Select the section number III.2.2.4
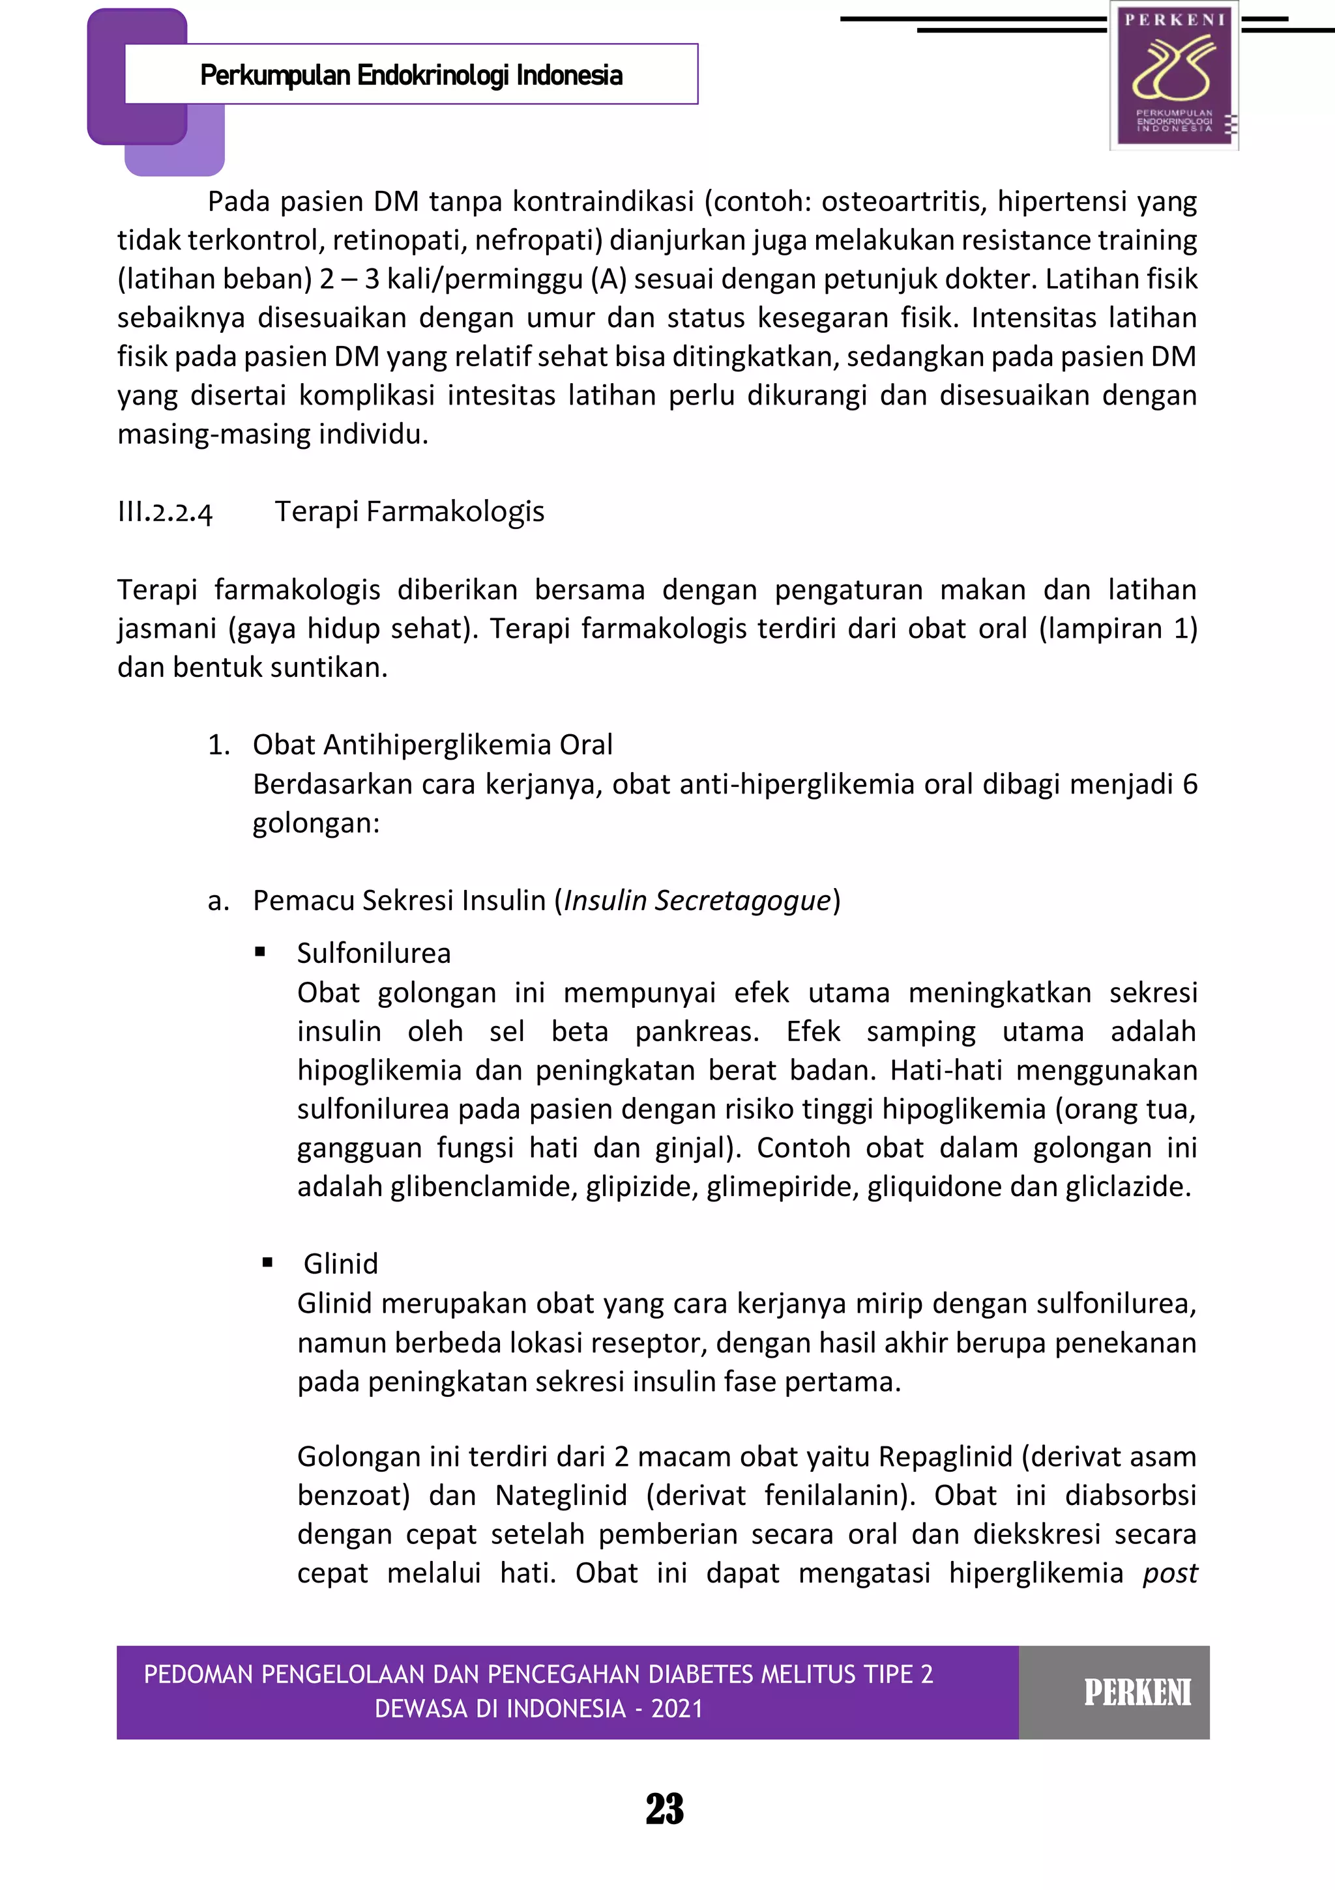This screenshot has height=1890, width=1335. coord(165,512)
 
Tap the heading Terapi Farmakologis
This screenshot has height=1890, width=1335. coord(409,511)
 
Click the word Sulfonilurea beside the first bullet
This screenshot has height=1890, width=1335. coord(374,953)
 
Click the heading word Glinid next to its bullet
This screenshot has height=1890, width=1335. coord(340,1263)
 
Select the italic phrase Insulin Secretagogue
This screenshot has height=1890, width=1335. coord(697,900)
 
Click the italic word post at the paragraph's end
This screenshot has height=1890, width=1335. coord(1169,1573)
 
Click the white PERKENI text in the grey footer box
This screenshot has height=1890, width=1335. coord(1137,1693)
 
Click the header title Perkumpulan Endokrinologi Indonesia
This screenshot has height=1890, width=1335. coord(411,76)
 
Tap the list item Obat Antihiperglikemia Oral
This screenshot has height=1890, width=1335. coord(432,745)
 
